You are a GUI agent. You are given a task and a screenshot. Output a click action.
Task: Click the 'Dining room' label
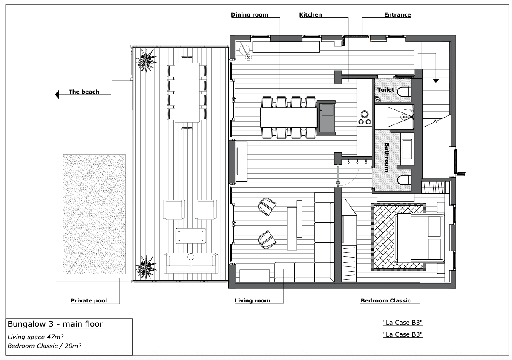point(249,15)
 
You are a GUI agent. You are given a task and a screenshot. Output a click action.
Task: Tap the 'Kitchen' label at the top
point(311,15)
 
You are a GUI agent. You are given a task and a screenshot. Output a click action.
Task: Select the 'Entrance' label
point(397,15)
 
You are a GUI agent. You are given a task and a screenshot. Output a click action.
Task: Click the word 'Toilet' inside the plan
point(385,89)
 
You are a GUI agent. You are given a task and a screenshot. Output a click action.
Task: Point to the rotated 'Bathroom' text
point(387,157)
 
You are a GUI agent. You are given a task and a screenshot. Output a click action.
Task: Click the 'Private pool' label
point(89,301)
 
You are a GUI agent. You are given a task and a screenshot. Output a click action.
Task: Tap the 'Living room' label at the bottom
point(253,301)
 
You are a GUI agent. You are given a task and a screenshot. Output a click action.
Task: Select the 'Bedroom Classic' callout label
point(385,301)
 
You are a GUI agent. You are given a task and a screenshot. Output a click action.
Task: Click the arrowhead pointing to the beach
point(57,95)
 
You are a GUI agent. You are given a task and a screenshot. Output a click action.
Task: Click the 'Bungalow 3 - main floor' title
point(55,324)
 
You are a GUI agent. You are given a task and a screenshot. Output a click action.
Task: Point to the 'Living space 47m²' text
point(35,337)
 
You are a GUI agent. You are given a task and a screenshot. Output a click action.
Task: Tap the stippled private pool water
point(94,214)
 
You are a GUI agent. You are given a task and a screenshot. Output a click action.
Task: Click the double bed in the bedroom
point(420,238)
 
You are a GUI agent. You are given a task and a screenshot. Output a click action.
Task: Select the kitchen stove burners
point(365,118)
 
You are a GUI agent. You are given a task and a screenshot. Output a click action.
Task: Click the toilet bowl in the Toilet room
point(404,92)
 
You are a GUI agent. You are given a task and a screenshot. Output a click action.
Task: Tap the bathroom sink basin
point(407,149)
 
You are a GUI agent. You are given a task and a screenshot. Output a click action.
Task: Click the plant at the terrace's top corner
point(146,60)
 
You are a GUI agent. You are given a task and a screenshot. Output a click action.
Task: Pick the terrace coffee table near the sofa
point(191,236)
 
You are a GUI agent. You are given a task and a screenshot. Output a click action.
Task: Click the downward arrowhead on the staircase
point(436,81)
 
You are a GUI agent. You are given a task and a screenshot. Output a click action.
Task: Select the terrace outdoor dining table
point(187,92)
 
